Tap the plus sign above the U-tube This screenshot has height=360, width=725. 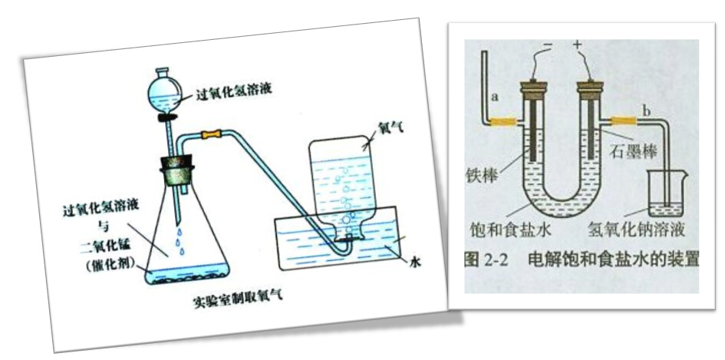577,47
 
